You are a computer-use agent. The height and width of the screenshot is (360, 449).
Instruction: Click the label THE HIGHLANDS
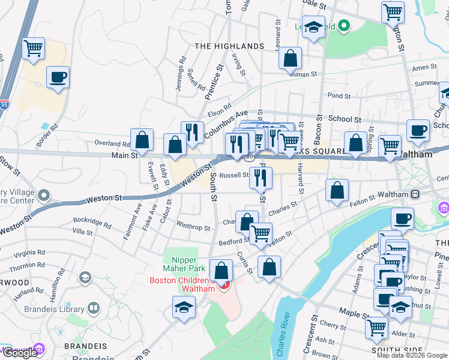229,46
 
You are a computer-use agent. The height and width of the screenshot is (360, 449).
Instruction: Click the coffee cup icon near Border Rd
58,78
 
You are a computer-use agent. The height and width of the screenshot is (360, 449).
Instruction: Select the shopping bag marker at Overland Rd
142,140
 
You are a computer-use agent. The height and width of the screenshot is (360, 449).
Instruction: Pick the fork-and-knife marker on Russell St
261,177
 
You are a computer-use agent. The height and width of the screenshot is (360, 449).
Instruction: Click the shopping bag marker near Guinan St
291,59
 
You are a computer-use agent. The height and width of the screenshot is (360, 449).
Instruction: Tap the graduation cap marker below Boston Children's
184,308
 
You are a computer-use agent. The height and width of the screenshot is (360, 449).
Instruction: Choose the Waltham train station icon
414,194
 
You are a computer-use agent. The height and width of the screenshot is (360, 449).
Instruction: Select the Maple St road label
354,313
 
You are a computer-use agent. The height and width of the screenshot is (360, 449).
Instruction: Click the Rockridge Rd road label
92,226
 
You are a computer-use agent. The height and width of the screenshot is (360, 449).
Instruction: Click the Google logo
20,353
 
